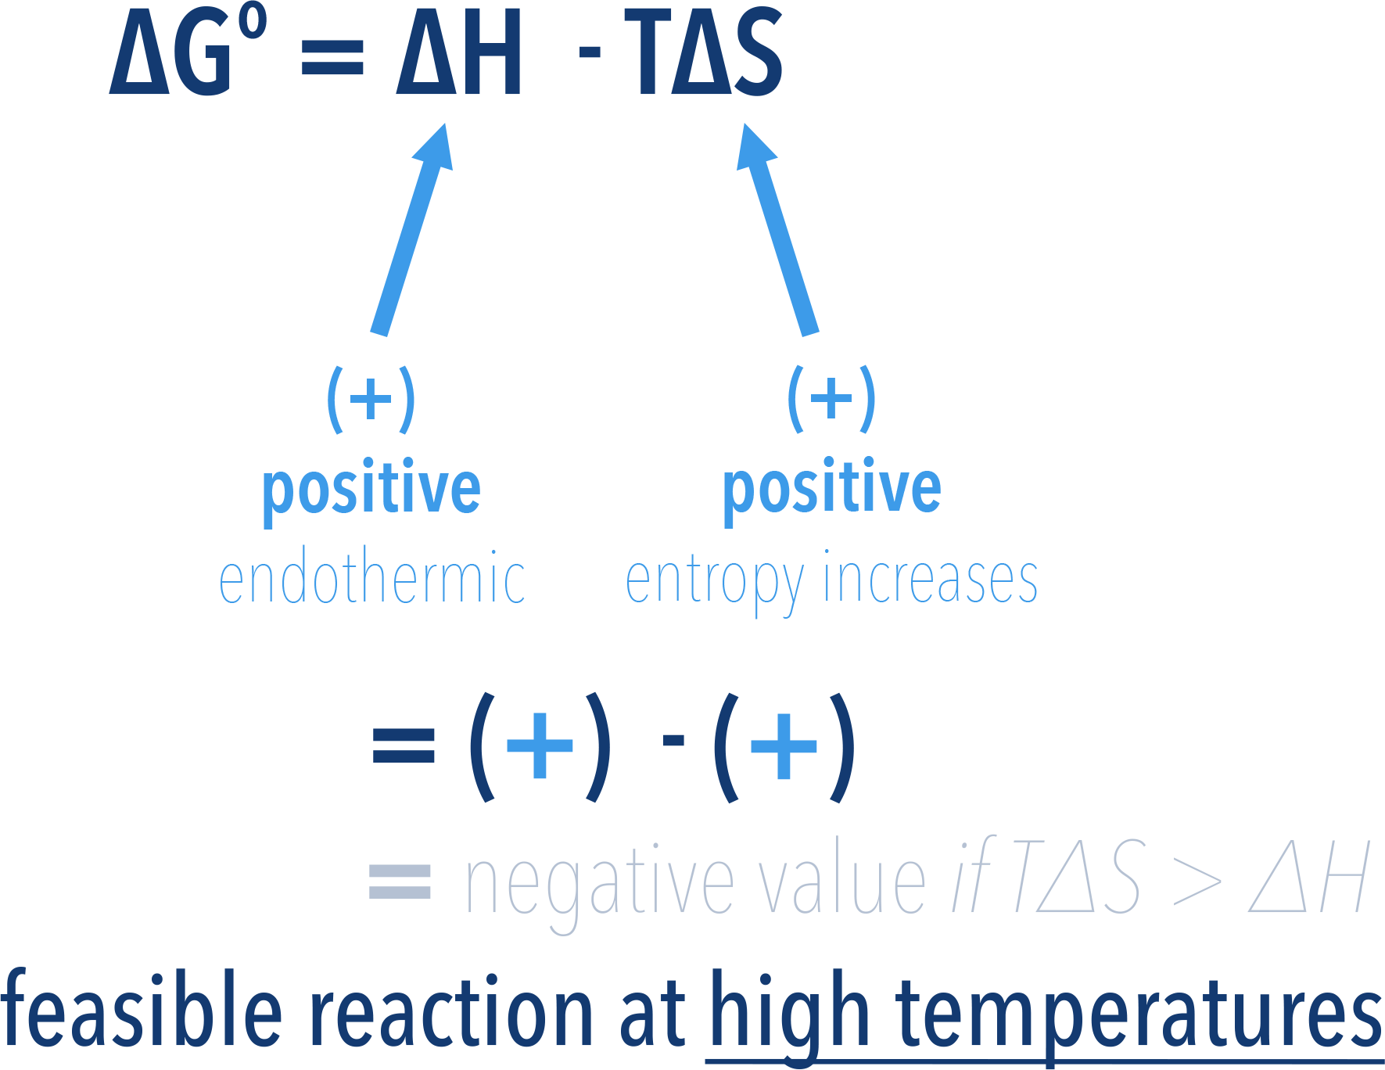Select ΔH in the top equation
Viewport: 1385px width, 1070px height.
click(458, 53)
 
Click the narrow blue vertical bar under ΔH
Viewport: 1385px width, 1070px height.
click(411, 230)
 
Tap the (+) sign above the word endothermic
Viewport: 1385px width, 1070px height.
click(371, 399)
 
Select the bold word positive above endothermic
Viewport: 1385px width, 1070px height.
click(371, 490)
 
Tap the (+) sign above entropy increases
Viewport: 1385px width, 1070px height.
click(831, 399)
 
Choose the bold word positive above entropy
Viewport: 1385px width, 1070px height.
click(831, 490)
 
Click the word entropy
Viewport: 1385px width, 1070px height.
click(715, 581)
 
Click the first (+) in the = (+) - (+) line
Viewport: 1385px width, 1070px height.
click(540, 746)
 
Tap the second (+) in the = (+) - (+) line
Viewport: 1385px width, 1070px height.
click(784, 746)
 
